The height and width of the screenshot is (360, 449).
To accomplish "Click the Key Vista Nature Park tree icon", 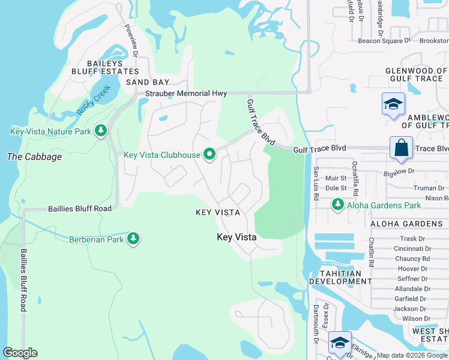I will point(101,131).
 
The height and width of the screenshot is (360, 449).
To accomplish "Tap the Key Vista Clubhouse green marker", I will point(209,155).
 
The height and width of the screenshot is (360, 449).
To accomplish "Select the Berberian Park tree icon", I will point(133,239).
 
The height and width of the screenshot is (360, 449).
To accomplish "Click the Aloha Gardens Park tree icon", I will point(338,205).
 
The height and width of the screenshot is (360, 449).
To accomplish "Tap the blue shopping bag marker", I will point(400,148).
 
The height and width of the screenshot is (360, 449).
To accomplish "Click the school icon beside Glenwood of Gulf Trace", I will point(393,104).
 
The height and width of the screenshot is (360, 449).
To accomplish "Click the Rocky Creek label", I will point(90,101).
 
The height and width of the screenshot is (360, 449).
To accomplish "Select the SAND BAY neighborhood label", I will point(148,82).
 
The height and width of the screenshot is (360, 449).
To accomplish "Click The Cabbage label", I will point(34,157).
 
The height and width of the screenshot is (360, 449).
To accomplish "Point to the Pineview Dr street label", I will point(131,40).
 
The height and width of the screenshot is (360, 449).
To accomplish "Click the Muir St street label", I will point(336,178).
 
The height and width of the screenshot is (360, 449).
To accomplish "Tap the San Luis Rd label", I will point(315,179).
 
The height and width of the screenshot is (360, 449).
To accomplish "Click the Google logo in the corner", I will point(20,353).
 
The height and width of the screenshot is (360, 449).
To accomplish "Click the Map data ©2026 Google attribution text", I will point(412,355).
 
